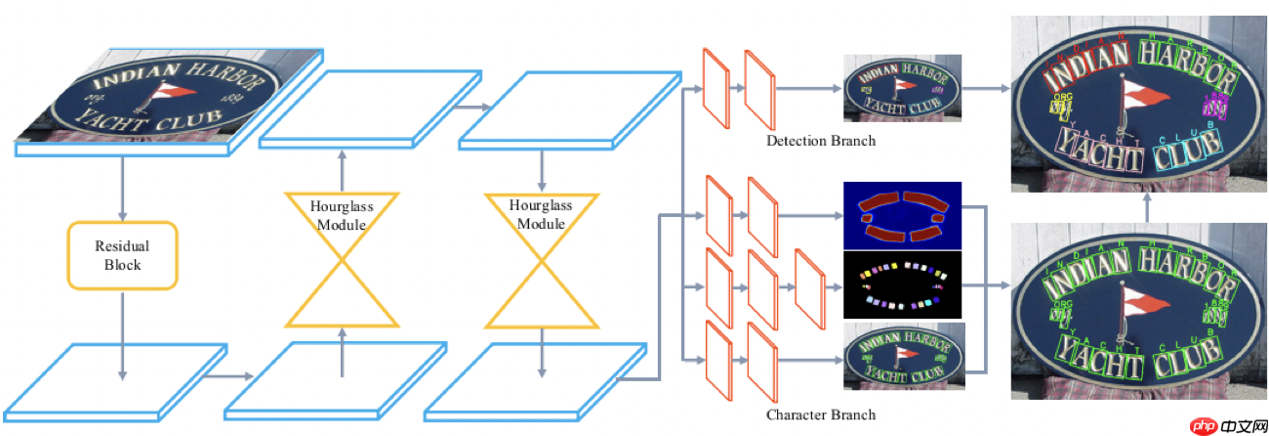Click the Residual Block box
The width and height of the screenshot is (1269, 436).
click(122, 255)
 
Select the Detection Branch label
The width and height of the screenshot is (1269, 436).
click(820, 141)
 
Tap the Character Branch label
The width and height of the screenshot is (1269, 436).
click(820, 414)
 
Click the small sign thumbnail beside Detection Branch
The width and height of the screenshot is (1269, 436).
click(902, 88)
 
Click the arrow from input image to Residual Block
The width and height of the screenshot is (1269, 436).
click(122, 188)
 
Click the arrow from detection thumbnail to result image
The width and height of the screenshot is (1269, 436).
click(986, 88)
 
